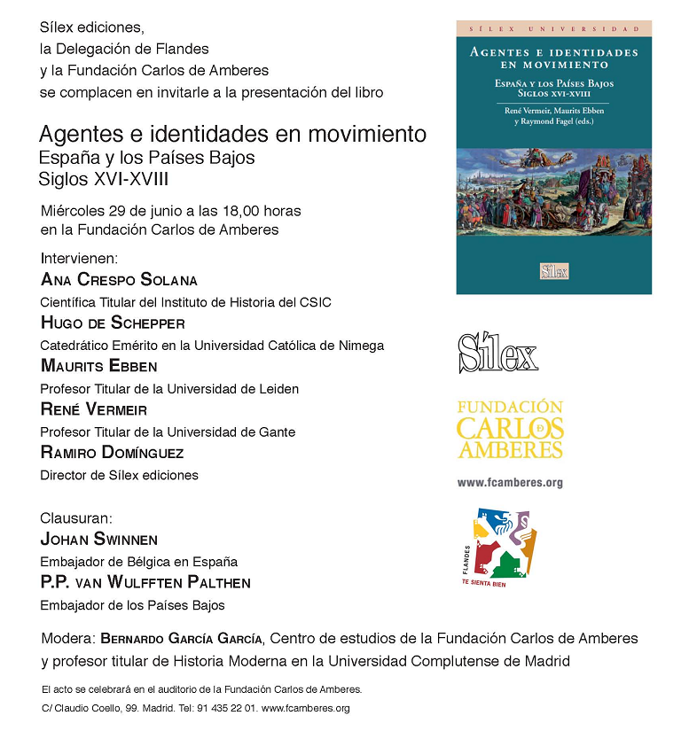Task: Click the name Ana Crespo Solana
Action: [119, 280]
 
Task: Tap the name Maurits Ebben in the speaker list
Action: [98, 366]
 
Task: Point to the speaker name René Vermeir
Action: [94, 409]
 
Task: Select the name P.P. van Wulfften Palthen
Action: [145, 582]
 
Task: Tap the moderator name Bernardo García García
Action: [182, 638]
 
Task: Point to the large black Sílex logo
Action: [497, 354]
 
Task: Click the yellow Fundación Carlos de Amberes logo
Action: [509, 430]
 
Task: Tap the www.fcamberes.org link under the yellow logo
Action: [510, 483]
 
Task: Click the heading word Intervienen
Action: [79, 259]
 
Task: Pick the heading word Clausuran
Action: [77, 517]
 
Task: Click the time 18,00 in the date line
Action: [233, 211]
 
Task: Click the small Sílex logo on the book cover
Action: [553, 271]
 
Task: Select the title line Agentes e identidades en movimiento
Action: [232, 135]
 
